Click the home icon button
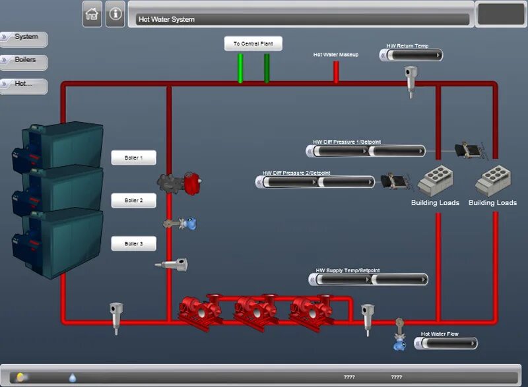tap(92, 14)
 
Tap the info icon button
tap(115, 14)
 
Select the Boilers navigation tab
tap(24, 60)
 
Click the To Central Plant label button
tap(253, 44)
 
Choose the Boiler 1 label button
tap(133, 158)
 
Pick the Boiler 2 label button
tap(133, 200)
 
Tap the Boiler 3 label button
tap(133, 244)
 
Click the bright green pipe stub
tap(240, 68)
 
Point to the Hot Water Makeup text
tap(335, 55)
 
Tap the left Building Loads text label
tap(435, 202)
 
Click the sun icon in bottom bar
tap(22, 377)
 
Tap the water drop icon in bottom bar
tap(73, 377)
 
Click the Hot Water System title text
tap(166, 20)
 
